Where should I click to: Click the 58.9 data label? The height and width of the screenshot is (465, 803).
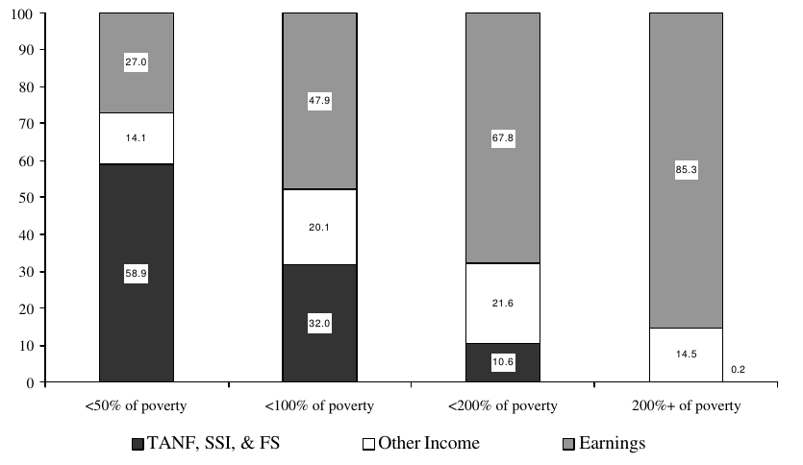pos(136,274)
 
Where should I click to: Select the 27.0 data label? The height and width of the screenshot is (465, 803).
pos(136,62)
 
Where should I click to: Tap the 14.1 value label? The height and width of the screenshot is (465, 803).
pos(136,137)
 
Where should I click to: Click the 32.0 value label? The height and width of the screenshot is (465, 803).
pos(319,324)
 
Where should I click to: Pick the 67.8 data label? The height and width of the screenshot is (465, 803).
pos(502,136)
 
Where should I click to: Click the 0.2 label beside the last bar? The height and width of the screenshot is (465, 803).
pos(740,368)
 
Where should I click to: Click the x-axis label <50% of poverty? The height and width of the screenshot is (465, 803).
pos(136,405)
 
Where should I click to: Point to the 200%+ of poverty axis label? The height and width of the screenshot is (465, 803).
pos(685,405)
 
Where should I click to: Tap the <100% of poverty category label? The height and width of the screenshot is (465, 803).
pos(319,405)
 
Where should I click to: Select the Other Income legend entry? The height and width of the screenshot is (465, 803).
pos(423,444)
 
